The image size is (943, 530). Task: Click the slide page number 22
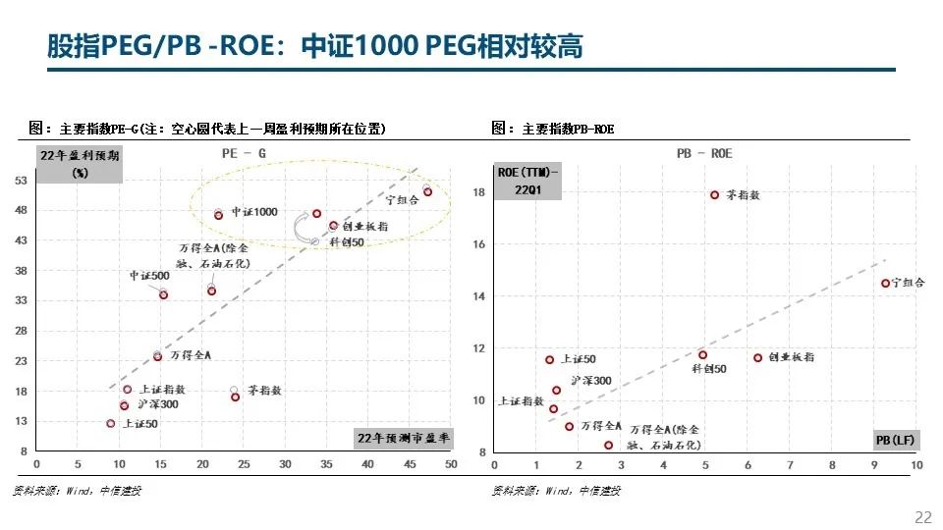pyautogui.click(x=922, y=517)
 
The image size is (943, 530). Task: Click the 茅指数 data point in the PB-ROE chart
pyautogui.click(x=714, y=195)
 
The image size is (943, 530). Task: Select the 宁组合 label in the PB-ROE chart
pyautogui.click(x=909, y=283)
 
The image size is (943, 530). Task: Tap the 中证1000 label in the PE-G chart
pyautogui.click(x=254, y=212)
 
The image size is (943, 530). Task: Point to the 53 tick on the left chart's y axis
pyautogui.click(x=21, y=181)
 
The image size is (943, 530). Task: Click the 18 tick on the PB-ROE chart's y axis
pyautogui.click(x=479, y=192)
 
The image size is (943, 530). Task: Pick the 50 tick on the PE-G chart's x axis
pyautogui.click(x=451, y=464)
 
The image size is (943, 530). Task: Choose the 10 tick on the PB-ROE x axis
pyautogui.click(x=916, y=464)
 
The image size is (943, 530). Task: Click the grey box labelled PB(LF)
pyautogui.click(x=894, y=441)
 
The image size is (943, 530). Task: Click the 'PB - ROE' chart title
pyautogui.click(x=704, y=154)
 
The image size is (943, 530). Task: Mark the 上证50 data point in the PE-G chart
pyautogui.click(x=111, y=423)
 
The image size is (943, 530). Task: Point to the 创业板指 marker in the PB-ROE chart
pyautogui.click(x=757, y=357)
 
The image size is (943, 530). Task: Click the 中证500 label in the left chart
pyautogui.click(x=149, y=276)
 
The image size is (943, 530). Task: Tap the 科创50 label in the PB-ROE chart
pyautogui.click(x=709, y=369)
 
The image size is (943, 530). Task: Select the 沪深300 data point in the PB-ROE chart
pyautogui.click(x=556, y=390)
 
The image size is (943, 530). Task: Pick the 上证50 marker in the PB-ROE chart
pyautogui.click(x=549, y=360)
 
